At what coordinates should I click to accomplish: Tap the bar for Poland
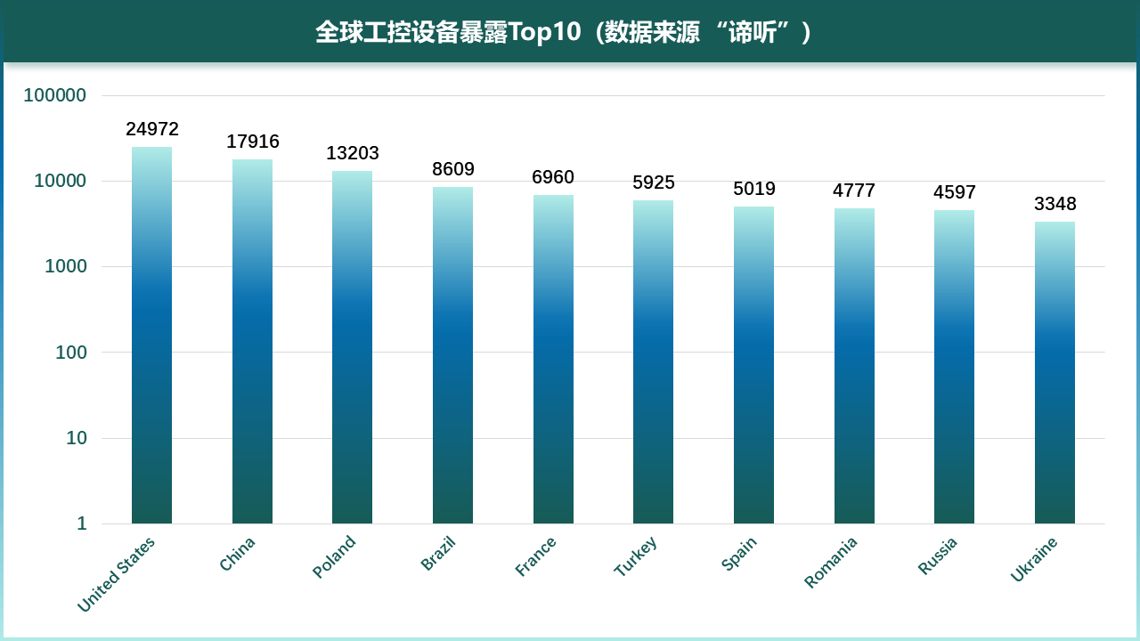pos(352,347)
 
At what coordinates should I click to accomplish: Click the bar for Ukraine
pos(1054,373)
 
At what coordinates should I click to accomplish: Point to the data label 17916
pos(253,142)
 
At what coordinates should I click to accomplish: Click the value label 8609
pos(453,169)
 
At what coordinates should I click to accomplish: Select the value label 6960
pos(553,177)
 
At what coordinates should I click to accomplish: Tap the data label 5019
pos(754,189)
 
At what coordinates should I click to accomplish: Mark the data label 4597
pos(955,192)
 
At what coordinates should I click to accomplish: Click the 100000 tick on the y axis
pos(55,95)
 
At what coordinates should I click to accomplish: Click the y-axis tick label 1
pos(81,523)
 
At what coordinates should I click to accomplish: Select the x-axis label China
pos(238,554)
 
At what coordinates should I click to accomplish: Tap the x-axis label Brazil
pos(438,553)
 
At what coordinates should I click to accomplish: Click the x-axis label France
pos(536,556)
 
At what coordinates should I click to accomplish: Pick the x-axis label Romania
pos(831,562)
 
